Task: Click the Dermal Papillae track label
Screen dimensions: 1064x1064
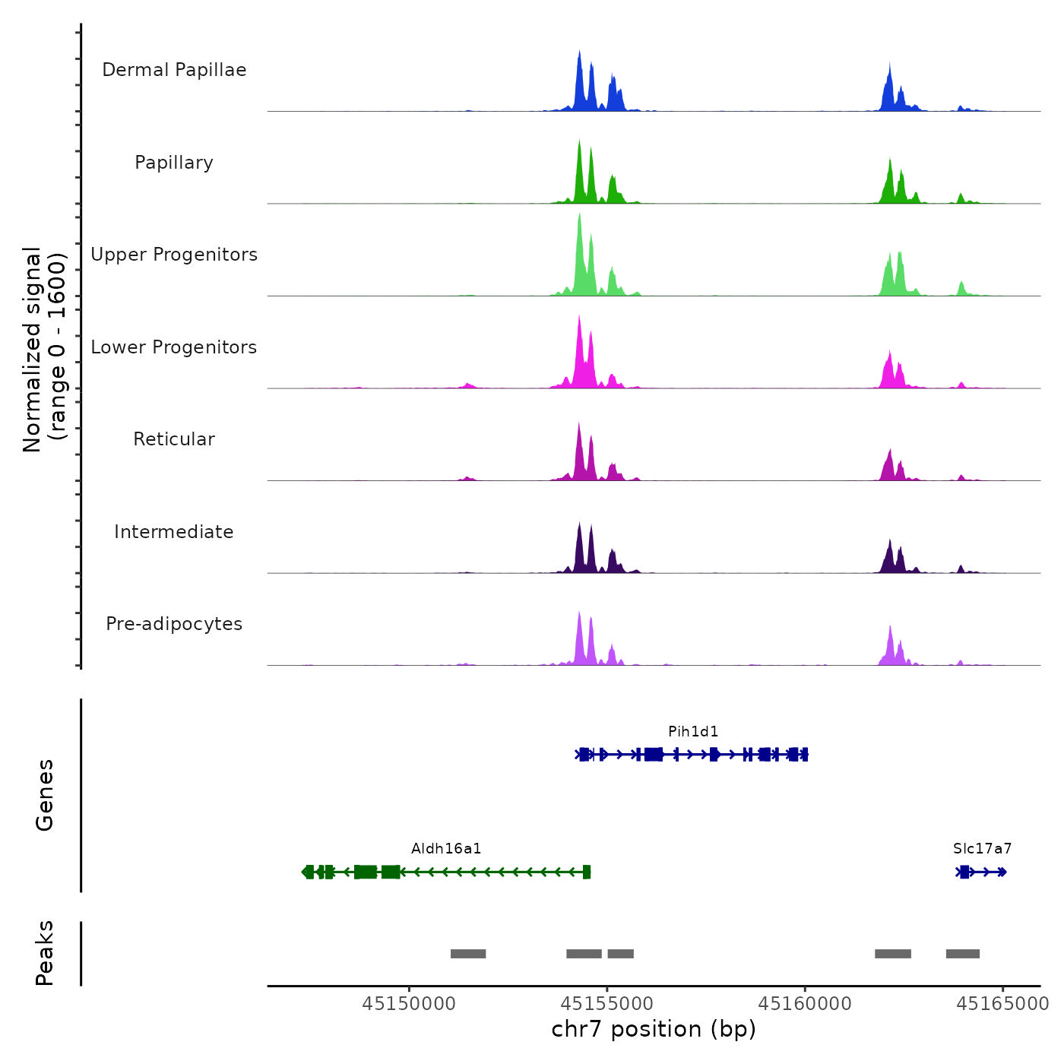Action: click(x=174, y=70)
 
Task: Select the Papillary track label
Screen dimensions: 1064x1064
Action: click(x=174, y=163)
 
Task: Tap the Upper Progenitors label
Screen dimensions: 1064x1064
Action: click(x=174, y=255)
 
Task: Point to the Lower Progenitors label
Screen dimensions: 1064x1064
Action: click(x=174, y=347)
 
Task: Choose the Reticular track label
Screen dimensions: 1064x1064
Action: click(x=174, y=439)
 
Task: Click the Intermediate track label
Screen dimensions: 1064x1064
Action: click(x=174, y=532)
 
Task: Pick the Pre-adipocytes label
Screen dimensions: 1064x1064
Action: click(x=174, y=624)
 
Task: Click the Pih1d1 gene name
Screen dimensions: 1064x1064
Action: click(x=693, y=731)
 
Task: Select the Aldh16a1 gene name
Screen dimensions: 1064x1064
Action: click(x=446, y=848)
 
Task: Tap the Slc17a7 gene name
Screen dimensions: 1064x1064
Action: click(x=982, y=848)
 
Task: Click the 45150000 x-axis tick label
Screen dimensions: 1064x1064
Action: click(x=409, y=1003)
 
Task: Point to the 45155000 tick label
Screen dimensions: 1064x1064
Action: click(x=607, y=1003)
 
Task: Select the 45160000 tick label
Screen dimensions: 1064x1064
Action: click(x=805, y=1003)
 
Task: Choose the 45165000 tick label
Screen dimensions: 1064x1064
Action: click(x=1002, y=1003)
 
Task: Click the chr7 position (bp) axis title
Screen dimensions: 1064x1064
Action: click(x=654, y=1029)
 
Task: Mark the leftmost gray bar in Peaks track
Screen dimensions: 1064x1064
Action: click(x=468, y=954)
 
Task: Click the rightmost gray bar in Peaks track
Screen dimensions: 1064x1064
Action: click(x=963, y=954)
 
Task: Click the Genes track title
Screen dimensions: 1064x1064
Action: click(x=45, y=795)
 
